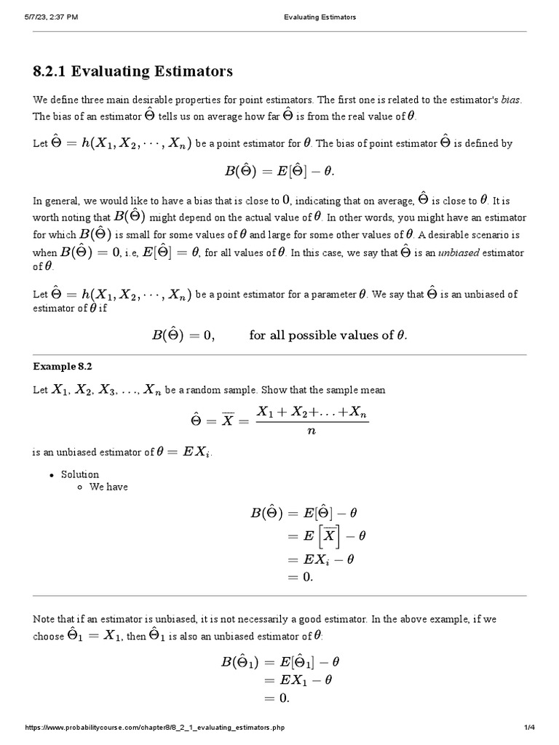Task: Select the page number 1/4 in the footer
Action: click(529, 727)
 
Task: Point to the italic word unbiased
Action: click(461, 253)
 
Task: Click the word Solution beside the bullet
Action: click(79, 474)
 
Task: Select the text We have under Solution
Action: click(108, 487)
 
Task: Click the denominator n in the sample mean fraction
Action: click(312, 431)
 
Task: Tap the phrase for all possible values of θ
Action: click(328, 335)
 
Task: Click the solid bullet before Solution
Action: click(51, 475)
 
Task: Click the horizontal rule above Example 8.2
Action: click(279, 355)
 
